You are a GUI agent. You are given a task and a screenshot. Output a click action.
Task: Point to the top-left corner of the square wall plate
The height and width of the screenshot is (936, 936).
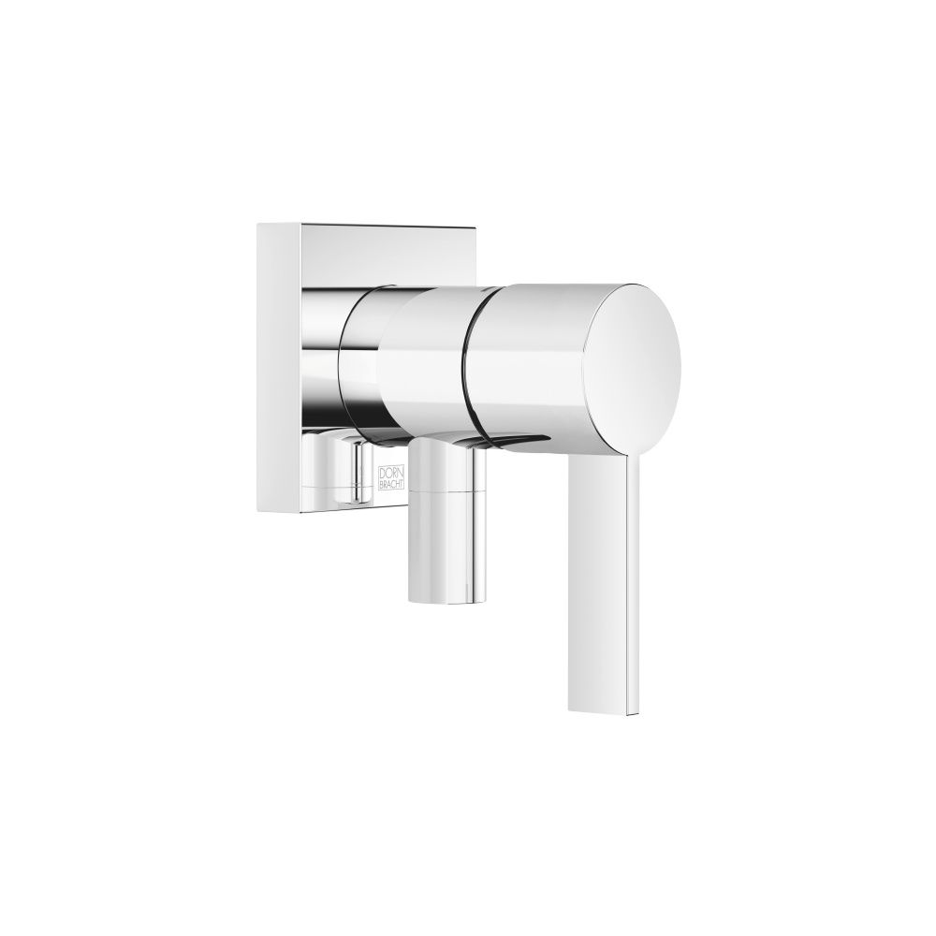257,224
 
